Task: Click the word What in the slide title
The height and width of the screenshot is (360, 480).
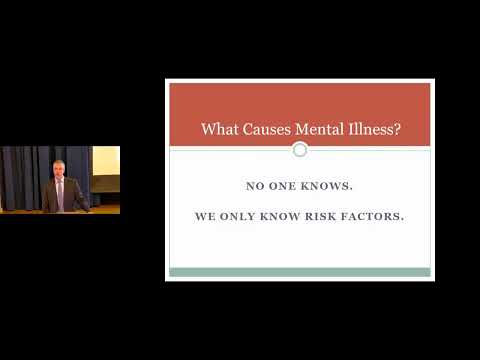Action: click(x=217, y=129)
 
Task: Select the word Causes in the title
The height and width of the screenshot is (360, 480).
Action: click(x=260, y=129)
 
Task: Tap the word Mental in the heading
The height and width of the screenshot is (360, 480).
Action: click(x=309, y=129)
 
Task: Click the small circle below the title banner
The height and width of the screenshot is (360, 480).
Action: click(x=299, y=150)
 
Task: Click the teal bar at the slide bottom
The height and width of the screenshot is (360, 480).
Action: click(x=299, y=271)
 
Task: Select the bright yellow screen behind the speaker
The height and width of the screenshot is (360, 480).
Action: click(x=106, y=161)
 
